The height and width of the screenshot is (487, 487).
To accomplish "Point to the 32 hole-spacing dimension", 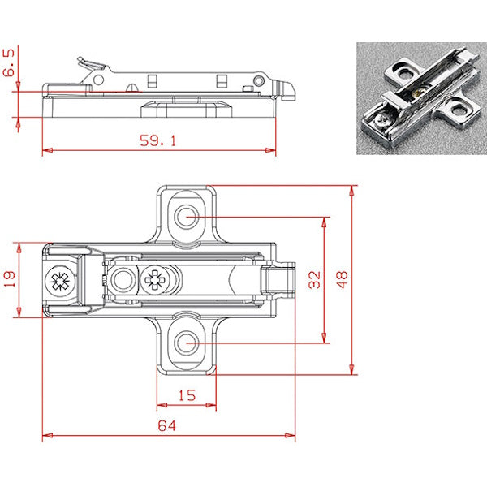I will coord(315,280).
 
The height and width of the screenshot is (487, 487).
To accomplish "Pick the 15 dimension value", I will coord(186,394).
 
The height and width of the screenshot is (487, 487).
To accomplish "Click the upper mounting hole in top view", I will coord(188,217).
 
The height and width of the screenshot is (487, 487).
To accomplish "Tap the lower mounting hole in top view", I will coord(188,344).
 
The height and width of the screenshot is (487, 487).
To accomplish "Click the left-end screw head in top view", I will coord(59,282).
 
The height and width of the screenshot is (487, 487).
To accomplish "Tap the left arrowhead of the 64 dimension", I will coord(45,436).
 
